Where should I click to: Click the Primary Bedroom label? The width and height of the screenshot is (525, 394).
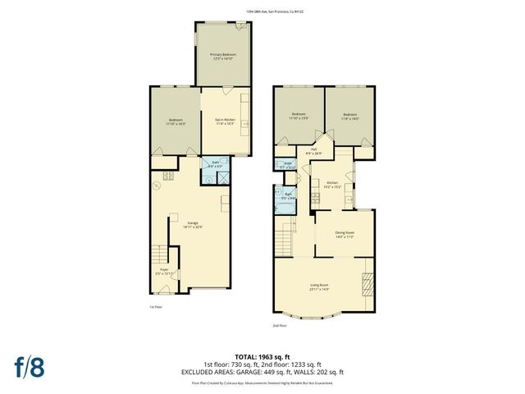pos(221,57)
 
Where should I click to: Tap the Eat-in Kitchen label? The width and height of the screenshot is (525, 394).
pos(225,121)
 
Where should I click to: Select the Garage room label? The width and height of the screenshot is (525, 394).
pos(194,224)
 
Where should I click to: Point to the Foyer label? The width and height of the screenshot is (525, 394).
pos(163,269)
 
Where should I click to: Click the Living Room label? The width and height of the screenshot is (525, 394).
pos(318,287)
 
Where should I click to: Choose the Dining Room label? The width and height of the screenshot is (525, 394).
pos(345,234)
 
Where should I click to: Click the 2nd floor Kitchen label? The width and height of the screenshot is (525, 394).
pos(332,184)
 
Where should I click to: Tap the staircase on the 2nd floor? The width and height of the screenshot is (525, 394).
pos(284,241)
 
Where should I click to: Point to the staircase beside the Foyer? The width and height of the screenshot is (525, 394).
pos(156,256)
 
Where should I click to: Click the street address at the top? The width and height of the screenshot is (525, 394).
pos(262,11)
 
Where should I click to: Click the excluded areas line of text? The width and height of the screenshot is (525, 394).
pos(262,372)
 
